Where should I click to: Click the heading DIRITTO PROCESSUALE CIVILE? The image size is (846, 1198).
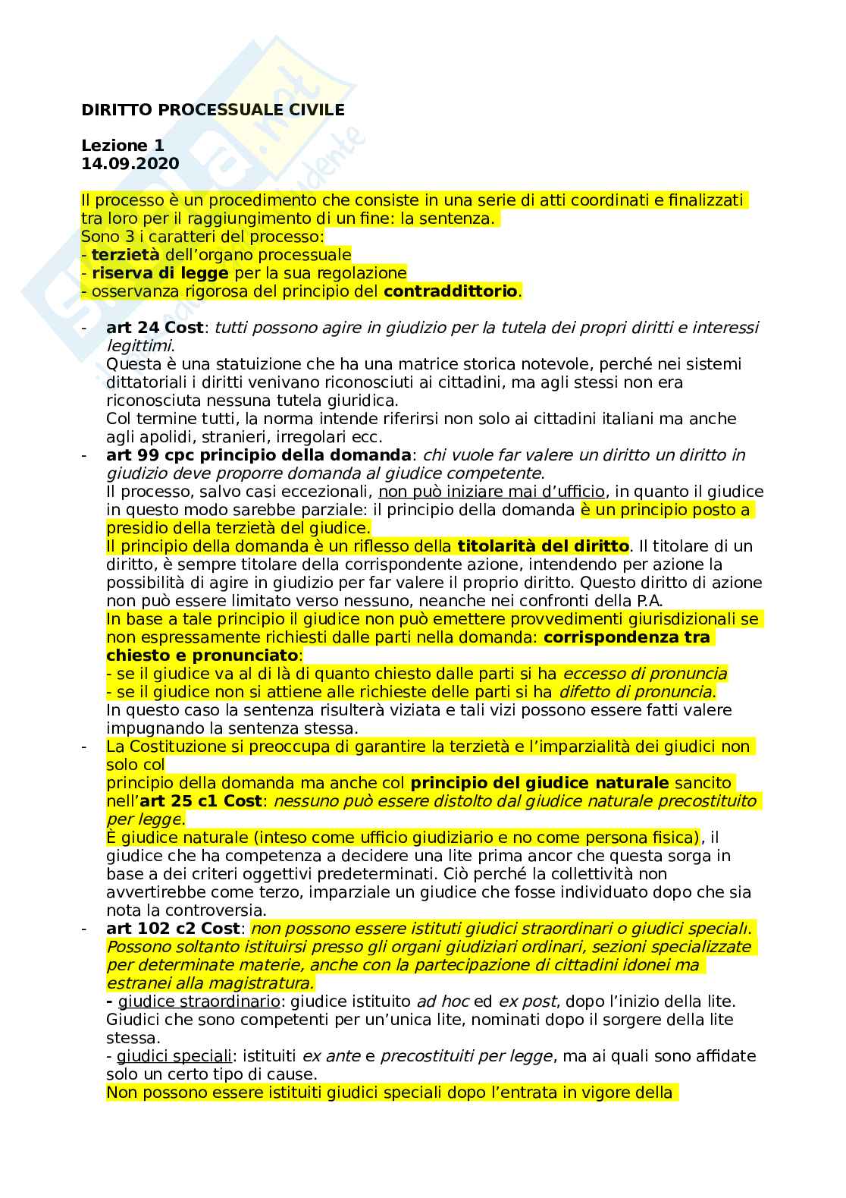[213, 110]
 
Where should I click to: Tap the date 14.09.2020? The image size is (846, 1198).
[130, 163]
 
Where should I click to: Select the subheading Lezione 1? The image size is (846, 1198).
[123, 145]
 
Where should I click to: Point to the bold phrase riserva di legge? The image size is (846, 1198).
[160, 273]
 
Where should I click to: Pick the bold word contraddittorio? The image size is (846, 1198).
[451, 291]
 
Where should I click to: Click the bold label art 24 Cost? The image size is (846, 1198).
[155, 328]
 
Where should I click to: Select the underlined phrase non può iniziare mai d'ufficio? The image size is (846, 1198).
[491, 492]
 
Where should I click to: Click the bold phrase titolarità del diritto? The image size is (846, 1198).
[543, 546]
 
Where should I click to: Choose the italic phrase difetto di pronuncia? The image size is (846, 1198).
[635, 692]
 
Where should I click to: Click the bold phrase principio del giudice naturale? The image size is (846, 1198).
[540, 783]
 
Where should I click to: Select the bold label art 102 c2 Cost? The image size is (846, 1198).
[173, 929]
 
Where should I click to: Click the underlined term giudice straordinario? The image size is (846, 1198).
[199, 1001]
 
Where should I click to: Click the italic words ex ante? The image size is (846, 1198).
[331, 1056]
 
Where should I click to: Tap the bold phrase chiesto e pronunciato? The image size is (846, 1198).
[202, 656]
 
